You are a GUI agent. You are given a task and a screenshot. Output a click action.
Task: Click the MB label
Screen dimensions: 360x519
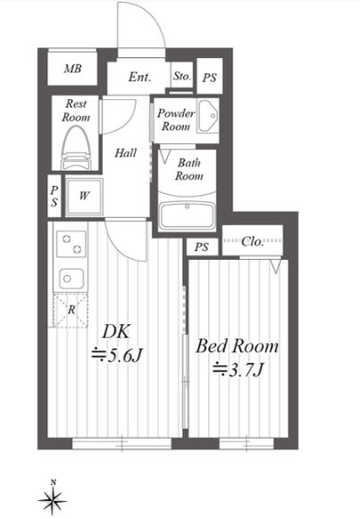pos(72,69)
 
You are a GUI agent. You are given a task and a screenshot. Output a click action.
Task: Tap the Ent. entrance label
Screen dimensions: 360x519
pos(139,77)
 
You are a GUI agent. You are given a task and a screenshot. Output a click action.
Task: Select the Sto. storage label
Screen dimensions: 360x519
pos(182,76)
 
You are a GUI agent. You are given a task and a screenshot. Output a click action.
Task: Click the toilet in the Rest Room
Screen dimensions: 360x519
pos(77,148)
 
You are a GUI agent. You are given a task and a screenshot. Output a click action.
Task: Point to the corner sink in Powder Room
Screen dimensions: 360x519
pos(208,115)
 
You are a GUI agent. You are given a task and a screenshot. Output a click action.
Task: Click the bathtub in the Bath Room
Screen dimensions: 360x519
pos(188,215)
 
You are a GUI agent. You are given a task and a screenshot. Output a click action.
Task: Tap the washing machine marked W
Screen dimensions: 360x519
pos(84,197)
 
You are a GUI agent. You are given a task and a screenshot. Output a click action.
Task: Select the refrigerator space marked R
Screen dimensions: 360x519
pos(71,310)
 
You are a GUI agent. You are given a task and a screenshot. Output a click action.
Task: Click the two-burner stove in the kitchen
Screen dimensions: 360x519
pos(71,243)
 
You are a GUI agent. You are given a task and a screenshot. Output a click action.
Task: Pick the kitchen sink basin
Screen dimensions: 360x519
pos(71,279)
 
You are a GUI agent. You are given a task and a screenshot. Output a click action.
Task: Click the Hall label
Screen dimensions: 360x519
pos(125,154)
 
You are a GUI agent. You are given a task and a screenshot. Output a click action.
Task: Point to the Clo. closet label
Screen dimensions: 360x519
pos(253,241)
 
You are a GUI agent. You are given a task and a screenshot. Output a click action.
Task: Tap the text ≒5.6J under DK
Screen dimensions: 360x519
pos(117,356)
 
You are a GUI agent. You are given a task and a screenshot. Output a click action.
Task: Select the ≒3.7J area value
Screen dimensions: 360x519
pos(238,370)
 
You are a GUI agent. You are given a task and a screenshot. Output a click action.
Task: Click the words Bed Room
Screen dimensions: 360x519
pos(237,347)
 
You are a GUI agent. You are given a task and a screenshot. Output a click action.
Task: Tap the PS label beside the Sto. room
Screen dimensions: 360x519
pos(209,78)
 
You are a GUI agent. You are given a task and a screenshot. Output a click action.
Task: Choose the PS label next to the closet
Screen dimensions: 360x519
pos(202,247)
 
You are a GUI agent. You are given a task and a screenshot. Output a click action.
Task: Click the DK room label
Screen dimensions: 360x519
pos(116,331)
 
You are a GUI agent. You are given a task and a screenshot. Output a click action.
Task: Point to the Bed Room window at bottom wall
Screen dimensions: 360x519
pos(247,444)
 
